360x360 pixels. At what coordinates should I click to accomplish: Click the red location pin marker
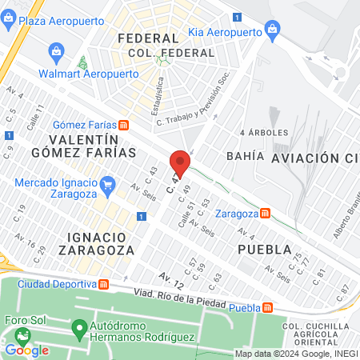point(180,163)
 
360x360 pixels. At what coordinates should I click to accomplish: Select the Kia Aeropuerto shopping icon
point(274,33)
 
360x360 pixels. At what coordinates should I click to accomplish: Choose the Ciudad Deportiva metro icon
point(103,285)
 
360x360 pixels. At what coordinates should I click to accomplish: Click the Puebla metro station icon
point(271,308)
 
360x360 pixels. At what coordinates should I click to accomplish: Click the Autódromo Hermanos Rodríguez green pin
point(78,328)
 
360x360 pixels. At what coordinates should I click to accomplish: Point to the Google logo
point(27,350)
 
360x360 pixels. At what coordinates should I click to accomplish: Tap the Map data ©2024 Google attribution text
point(295,353)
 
